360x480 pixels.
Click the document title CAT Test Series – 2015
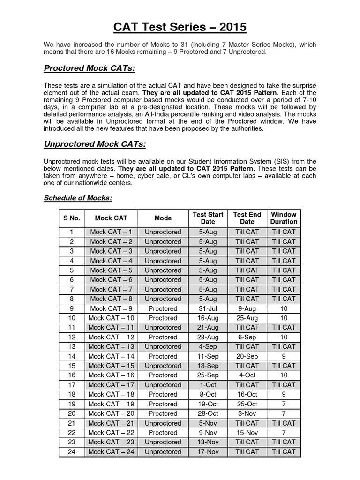[180, 27]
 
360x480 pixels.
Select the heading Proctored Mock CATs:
[90, 69]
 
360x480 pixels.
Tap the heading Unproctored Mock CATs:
[95, 144]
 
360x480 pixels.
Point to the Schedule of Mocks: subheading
[78, 198]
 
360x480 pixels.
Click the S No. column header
[72, 218]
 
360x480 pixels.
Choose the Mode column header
[163, 218]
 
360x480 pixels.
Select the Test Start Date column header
[208, 218]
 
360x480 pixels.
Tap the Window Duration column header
[284, 218]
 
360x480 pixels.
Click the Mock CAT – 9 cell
[111, 308]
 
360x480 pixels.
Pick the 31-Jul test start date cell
[208, 308]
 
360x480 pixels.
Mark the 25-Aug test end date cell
[247, 318]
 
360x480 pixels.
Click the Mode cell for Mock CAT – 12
[163, 337]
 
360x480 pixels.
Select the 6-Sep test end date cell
[247, 337]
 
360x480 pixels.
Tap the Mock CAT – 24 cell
[111, 452]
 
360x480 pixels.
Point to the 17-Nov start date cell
[208, 452]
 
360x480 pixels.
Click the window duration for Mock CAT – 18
[284, 394]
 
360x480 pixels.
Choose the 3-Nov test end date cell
[247, 413]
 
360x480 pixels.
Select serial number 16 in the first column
[72, 375]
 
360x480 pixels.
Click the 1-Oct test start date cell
[208, 385]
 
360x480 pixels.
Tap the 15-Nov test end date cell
[247, 433]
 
